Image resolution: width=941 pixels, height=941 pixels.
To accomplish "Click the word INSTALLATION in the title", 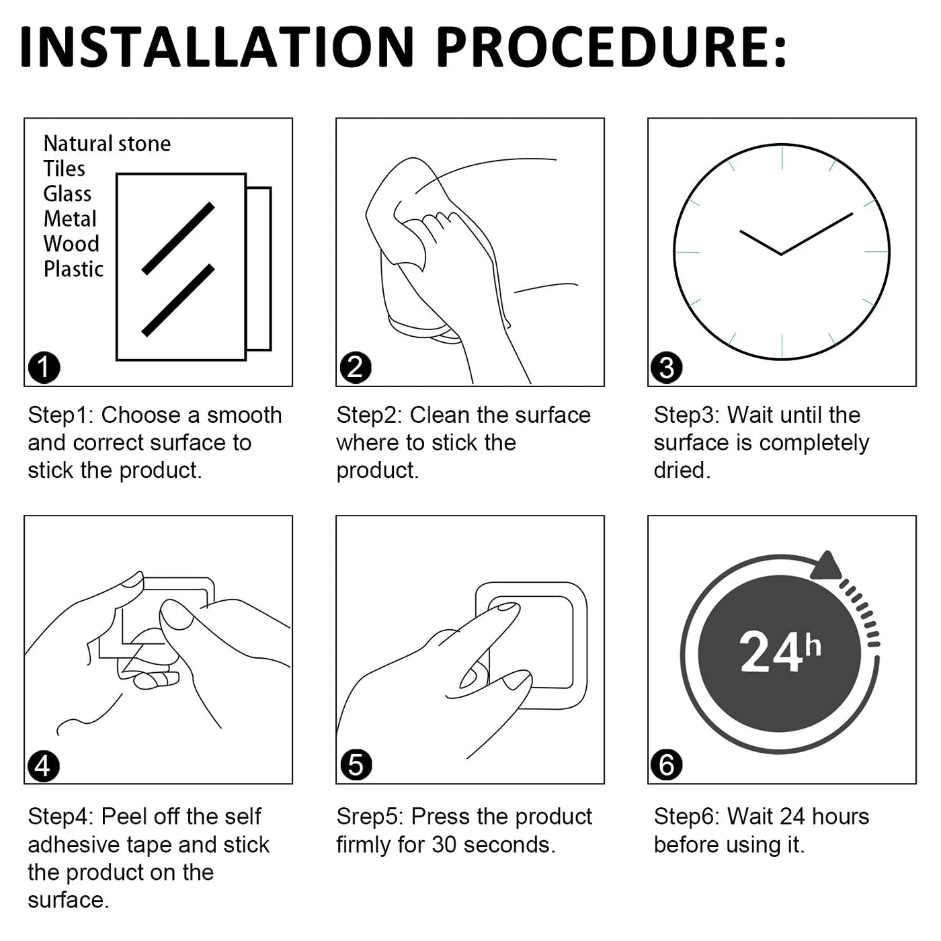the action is pyautogui.click(x=217, y=46).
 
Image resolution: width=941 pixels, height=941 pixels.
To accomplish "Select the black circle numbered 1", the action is pyautogui.click(x=44, y=367).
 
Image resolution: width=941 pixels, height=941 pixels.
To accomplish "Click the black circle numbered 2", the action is pyautogui.click(x=356, y=367).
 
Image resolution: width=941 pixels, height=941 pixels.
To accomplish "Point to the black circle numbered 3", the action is pyautogui.click(x=667, y=367).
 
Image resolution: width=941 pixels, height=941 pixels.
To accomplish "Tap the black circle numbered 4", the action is pyautogui.click(x=44, y=765).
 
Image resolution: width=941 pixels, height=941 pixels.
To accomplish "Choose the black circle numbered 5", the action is pyautogui.click(x=356, y=765).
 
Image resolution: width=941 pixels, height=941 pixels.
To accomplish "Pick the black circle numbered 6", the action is pyautogui.click(x=667, y=765).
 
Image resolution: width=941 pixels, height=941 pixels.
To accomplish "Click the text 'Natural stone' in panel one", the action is pyautogui.click(x=108, y=144).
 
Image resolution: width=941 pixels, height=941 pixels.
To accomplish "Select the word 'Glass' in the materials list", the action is pyautogui.click(x=67, y=194).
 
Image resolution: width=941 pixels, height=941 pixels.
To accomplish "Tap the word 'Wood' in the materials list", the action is pyautogui.click(x=71, y=244).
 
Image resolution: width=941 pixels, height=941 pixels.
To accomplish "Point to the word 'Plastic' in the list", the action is pyautogui.click(x=74, y=269).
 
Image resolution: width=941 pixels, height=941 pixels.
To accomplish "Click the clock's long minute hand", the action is pyautogui.click(x=817, y=234).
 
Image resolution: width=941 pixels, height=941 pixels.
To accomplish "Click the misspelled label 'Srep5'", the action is pyautogui.click(x=370, y=817).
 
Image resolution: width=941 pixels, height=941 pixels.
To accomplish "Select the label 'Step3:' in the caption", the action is pyautogui.click(x=686, y=415).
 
